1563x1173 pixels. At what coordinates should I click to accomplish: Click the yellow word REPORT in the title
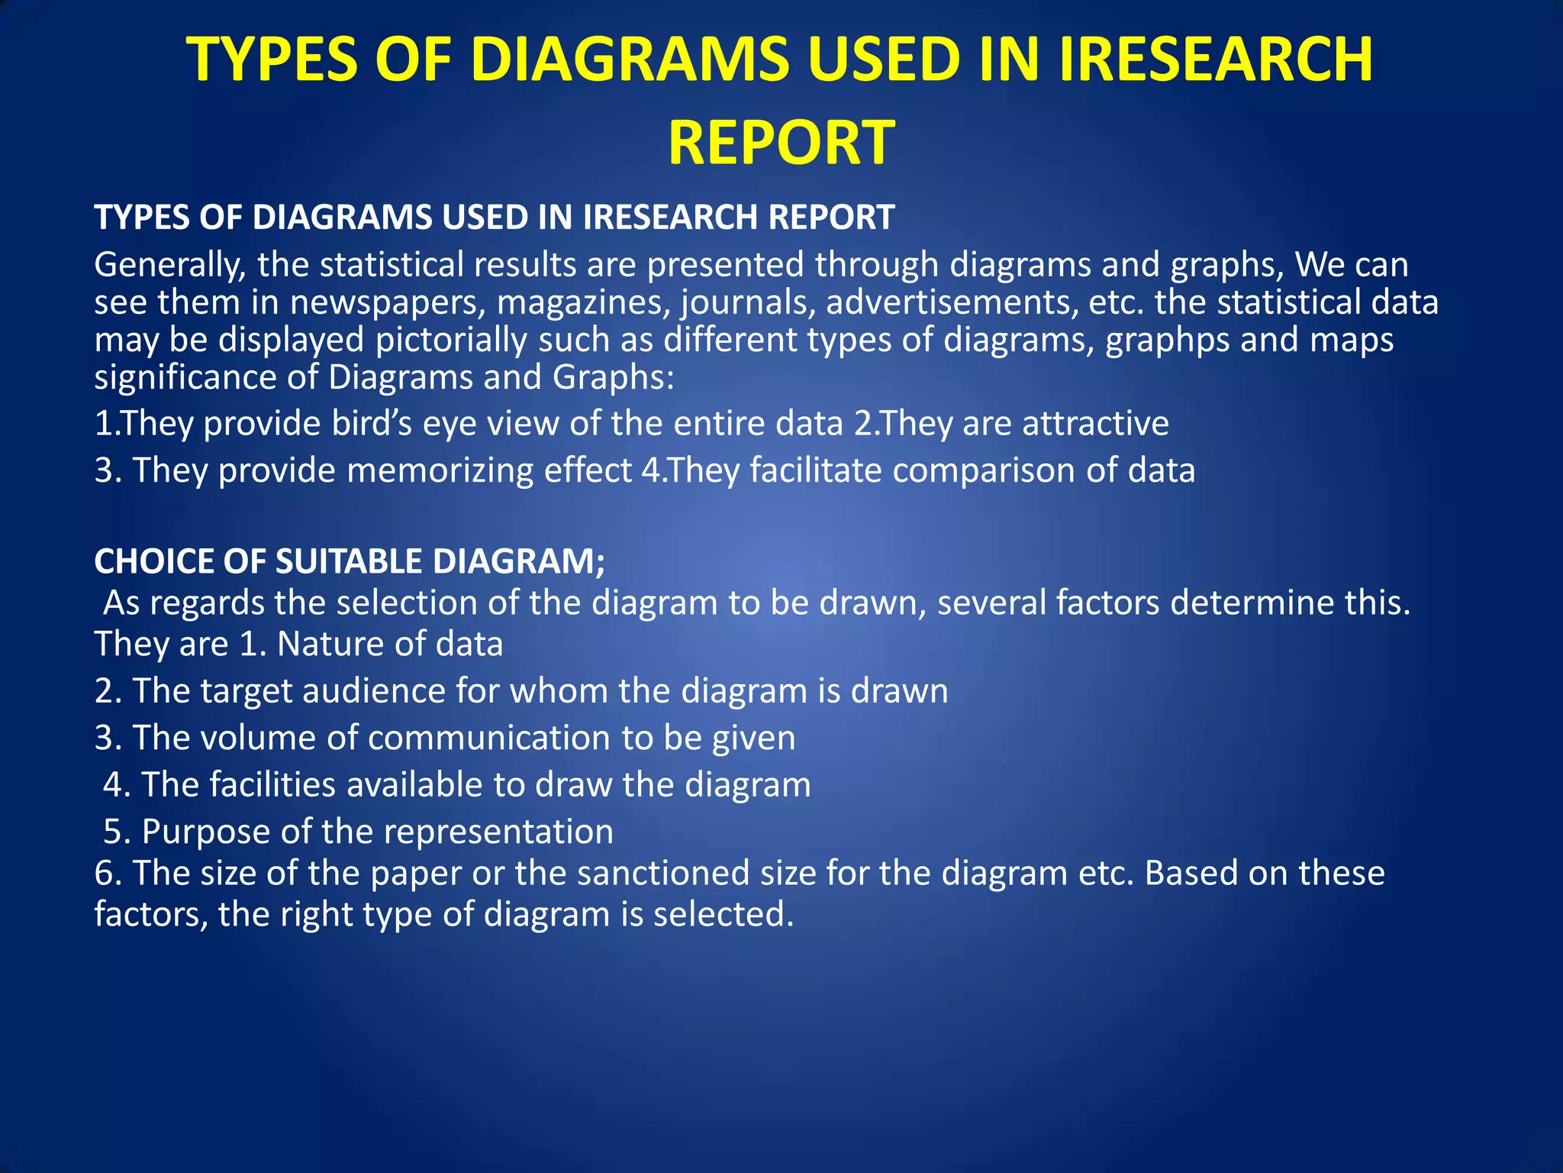click(x=781, y=143)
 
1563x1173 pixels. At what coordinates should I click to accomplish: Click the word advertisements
click(x=951, y=302)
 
